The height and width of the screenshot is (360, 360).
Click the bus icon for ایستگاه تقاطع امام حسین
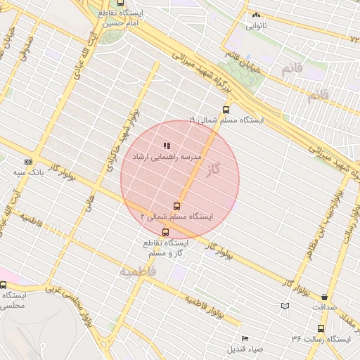tap(121, 3)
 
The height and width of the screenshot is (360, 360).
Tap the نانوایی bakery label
tap(256, 26)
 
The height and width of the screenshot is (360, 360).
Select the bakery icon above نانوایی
tap(256, 15)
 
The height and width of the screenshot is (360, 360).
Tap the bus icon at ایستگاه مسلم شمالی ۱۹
tap(226, 109)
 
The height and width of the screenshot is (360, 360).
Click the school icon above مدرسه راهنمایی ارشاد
tap(166, 145)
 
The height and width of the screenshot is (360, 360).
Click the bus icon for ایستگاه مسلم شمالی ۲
tap(176, 206)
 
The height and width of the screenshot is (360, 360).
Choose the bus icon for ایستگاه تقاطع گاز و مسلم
tap(166, 232)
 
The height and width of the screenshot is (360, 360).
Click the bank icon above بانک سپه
tap(28, 161)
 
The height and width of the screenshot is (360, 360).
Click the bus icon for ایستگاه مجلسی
tap(4, 285)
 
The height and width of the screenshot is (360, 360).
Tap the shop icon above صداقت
tap(324, 297)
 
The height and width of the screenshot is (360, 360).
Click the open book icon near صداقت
tap(284, 306)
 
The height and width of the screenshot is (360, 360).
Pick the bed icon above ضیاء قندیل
tap(245, 338)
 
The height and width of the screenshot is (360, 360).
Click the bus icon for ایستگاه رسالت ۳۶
tap(321, 328)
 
